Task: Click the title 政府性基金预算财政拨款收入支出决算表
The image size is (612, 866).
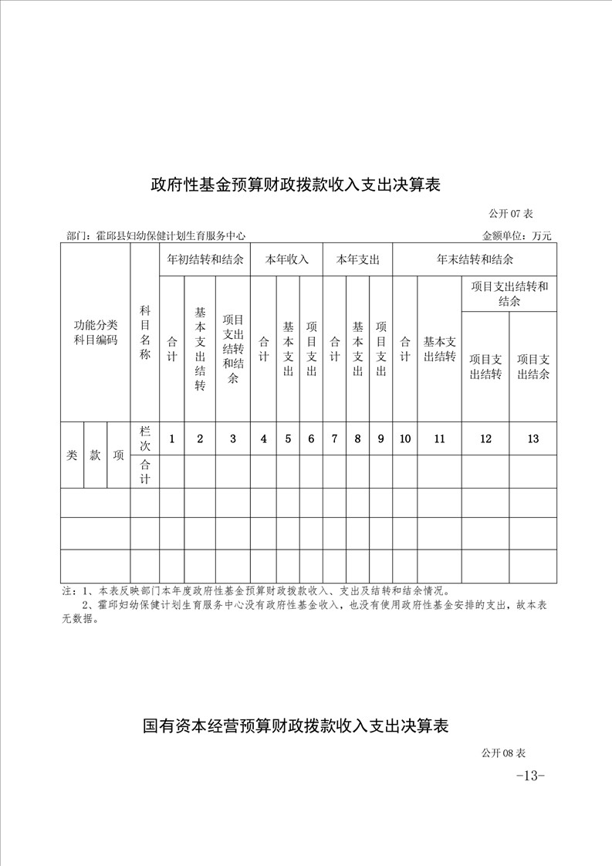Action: (296, 185)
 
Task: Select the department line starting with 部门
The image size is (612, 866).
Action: (156, 236)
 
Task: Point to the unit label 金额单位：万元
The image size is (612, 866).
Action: (516, 236)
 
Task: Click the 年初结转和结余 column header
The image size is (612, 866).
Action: (205, 260)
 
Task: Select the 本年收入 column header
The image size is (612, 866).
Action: (287, 260)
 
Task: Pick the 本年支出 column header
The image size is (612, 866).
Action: (357, 260)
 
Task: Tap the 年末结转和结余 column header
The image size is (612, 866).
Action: (475, 260)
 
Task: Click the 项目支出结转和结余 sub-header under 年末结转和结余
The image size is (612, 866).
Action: (509, 293)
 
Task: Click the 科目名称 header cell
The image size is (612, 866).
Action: (144, 333)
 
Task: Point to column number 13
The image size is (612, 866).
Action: (533, 439)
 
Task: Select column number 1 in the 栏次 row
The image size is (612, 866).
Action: (171, 439)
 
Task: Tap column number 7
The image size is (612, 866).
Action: (334, 439)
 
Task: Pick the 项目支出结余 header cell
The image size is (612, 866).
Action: (533, 367)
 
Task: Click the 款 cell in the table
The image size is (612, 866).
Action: (95, 455)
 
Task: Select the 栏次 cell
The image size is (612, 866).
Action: (144, 438)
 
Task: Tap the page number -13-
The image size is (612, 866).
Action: (530, 776)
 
